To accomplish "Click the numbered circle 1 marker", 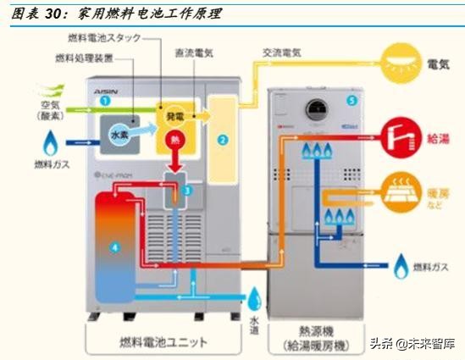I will coord(105,101).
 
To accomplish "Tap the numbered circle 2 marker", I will coord(223,138).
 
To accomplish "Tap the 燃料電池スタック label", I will coord(106,38).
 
